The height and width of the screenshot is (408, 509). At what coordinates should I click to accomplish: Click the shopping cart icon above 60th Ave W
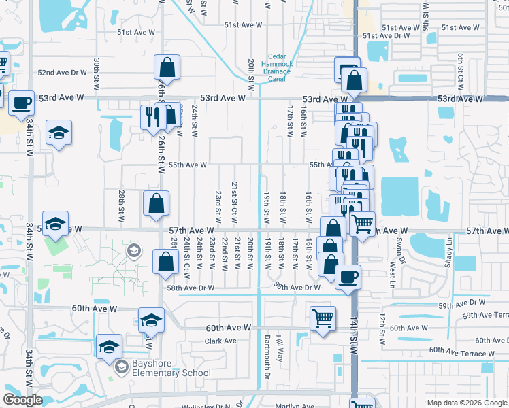click(323, 318)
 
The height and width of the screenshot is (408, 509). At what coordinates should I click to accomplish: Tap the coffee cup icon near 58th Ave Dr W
click(348, 277)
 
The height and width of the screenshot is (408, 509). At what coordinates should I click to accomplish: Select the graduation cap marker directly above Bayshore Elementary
click(109, 347)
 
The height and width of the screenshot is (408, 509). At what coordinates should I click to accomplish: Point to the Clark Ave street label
click(220, 341)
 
